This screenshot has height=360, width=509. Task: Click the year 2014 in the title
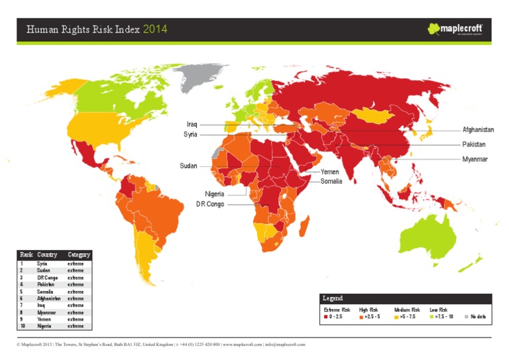(155, 29)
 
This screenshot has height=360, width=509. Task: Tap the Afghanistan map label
(478, 130)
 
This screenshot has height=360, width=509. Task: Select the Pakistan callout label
(474, 145)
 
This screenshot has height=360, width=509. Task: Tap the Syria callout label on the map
(190, 135)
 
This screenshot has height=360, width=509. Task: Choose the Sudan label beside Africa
(189, 166)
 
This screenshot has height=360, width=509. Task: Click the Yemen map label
(329, 172)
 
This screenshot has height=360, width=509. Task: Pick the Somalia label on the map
(331, 182)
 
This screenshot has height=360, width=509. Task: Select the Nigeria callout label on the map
(214, 194)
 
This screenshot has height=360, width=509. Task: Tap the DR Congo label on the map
(210, 205)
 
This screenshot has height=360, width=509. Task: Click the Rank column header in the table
(27, 255)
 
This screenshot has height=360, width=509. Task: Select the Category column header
(79, 255)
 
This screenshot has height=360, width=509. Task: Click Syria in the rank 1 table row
(42, 264)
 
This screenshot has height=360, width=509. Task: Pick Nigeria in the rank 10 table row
(44, 326)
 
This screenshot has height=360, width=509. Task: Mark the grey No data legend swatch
(465, 317)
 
